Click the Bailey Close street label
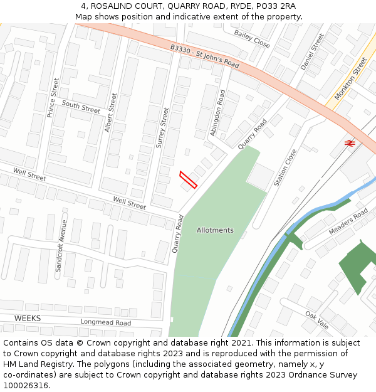point(252,39)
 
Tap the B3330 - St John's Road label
point(205,56)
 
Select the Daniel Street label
point(312,51)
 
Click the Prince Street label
point(53,98)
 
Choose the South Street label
point(81,107)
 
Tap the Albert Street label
point(110,113)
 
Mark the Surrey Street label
point(162,127)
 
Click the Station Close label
point(285,167)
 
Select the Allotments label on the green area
point(215,230)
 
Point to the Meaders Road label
point(348,222)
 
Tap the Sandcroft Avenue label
point(61,245)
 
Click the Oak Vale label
point(317,319)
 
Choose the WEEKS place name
point(28,319)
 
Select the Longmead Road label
point(105,322)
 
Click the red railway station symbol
point(350,143)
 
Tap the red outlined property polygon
point(188,179)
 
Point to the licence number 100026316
point(26,385)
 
